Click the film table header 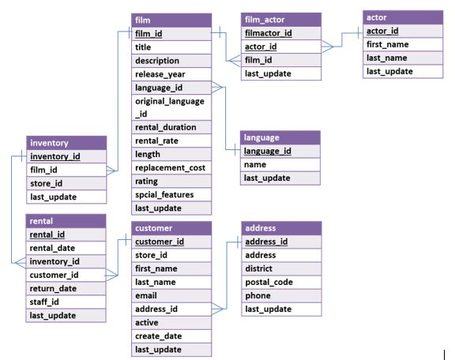pos(171,20)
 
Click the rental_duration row pos(166,127)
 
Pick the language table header pos(280,137)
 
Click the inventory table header pos(66,143)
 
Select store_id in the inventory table pos(47,183)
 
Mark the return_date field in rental pos(52,288)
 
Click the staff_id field pos(45,302)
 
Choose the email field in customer pos(148,296)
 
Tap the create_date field pos(158,336)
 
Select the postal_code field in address pos(269,283)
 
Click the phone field pos(258,296)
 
